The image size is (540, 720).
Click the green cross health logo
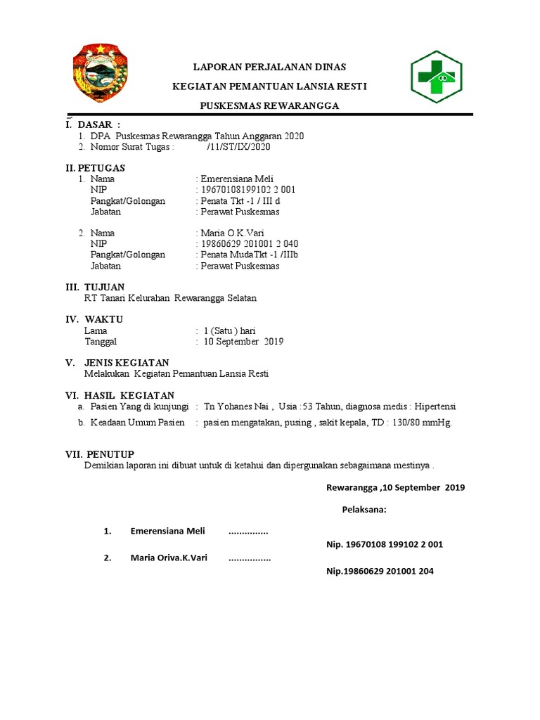click(437, 77)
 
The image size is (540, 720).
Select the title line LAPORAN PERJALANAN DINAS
click(270, 67)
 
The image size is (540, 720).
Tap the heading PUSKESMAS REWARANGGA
click(270, 105)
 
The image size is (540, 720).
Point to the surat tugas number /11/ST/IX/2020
click(238, 147)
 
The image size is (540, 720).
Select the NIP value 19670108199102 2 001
click(247, 190)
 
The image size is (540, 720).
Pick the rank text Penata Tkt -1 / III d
click(240, 200)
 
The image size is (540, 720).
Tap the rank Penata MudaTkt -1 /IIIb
click(249, 255)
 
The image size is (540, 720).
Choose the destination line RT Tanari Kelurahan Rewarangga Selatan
click(170, 297)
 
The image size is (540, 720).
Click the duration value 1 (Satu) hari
click(229, 330)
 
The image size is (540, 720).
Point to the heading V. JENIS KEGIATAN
click(117, 362)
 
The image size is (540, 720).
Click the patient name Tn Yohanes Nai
click(237, 406)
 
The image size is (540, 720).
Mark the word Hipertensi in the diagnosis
click(435, 406)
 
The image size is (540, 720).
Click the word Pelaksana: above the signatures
click(364, 510)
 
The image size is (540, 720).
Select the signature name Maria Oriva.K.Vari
click(169, 558)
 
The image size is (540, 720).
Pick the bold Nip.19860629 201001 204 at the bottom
click(380, 571)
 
